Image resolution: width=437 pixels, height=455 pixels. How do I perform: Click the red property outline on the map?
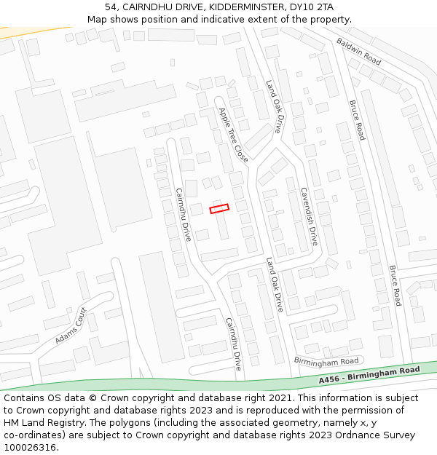point(219,208)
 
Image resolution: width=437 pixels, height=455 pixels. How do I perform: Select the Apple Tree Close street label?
point(233,135)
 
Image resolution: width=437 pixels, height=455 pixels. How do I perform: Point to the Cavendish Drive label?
point(309,215)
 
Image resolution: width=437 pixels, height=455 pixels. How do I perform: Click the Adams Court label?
point(71,325)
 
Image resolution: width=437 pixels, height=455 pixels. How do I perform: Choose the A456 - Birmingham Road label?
point(369,376)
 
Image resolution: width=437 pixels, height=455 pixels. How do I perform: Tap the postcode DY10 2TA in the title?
point(311,7)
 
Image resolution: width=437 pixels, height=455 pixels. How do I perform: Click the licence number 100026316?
point(31,448)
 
